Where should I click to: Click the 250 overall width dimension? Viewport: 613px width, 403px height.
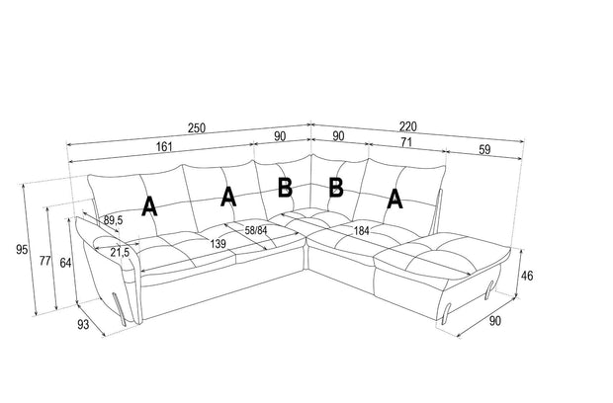tap(196, 127)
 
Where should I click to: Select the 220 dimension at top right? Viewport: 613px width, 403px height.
tap(407, 126)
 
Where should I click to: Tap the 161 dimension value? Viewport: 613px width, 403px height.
tap(164, 146)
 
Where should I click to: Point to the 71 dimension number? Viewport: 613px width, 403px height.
tap(406, 142)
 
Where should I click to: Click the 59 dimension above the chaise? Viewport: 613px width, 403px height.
tap(484, 149)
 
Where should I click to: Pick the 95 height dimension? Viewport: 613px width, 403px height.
tap(22, 249)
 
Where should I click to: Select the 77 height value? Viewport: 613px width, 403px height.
tap(44, 261)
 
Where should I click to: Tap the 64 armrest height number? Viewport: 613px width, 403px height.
tap(65, 263)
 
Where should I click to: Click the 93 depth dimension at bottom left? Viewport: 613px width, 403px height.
tap(83, 325)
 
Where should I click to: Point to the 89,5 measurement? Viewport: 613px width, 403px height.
tap(113, 220)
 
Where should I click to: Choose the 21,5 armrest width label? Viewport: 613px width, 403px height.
tap(120, 252)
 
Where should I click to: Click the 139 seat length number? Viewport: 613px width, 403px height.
tap(218, 244)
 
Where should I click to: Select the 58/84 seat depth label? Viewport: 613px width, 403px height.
tap(256, 230)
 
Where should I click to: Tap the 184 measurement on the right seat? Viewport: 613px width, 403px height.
tap(361, 231)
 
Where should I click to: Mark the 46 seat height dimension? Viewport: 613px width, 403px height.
tap(527, 276)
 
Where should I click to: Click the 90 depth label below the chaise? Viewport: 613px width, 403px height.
tap(494, 321)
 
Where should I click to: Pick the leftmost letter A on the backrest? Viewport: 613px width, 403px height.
tap(149, 206)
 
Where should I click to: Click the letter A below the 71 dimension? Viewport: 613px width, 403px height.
tap(394, 199)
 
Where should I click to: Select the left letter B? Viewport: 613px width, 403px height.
tap(285, 187)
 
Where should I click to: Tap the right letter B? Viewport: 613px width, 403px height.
tap(336, 187)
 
